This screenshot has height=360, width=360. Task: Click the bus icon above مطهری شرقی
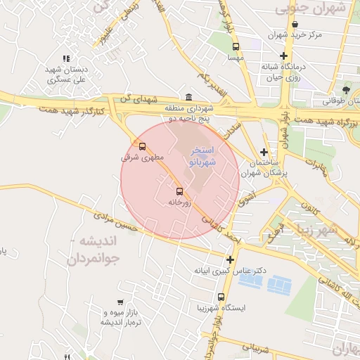(143, 147)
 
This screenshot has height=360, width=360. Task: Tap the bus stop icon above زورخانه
(179, 191)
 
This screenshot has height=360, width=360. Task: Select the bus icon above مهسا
(236, 48)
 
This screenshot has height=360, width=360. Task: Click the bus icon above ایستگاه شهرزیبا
(221, 297)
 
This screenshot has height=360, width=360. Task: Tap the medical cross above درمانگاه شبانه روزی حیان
(283, 56)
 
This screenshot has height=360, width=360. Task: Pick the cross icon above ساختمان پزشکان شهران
(264, 152)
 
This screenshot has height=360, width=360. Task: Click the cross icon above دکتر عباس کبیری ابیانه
(229, 259)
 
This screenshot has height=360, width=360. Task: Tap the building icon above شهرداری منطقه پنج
(188, 97)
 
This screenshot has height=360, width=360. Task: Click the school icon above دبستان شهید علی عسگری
(66, 59)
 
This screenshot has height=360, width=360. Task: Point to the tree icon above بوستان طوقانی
(346, 90)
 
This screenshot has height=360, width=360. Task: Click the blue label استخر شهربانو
(202, 156)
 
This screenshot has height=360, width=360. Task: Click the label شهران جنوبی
(312, 8)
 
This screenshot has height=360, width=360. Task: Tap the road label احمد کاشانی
(222, 230)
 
